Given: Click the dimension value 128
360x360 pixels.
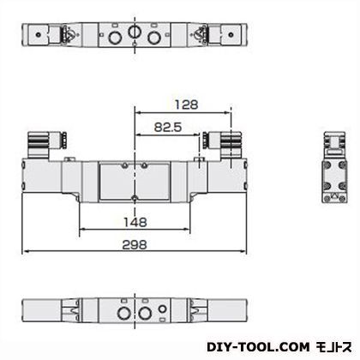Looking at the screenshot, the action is click(x=186, y=105).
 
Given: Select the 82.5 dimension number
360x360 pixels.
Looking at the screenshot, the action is click(x=168, y=127).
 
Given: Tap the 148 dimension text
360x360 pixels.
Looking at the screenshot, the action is click(x=135, y=222).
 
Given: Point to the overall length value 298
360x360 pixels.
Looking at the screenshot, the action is click(x=135, y=245).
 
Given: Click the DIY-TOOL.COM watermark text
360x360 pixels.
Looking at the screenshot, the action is click(x=258, y=347).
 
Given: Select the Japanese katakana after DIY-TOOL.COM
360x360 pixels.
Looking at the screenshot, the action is click(x=334, y=347).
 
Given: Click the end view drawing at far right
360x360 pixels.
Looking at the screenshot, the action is click(x=334, y=167).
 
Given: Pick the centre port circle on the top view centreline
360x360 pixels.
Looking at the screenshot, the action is click(x=133, y=32).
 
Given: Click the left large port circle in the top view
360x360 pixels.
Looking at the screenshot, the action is click(x=114, y=38).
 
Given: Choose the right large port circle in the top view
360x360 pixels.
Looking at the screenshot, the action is click(x=153, y=38).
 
